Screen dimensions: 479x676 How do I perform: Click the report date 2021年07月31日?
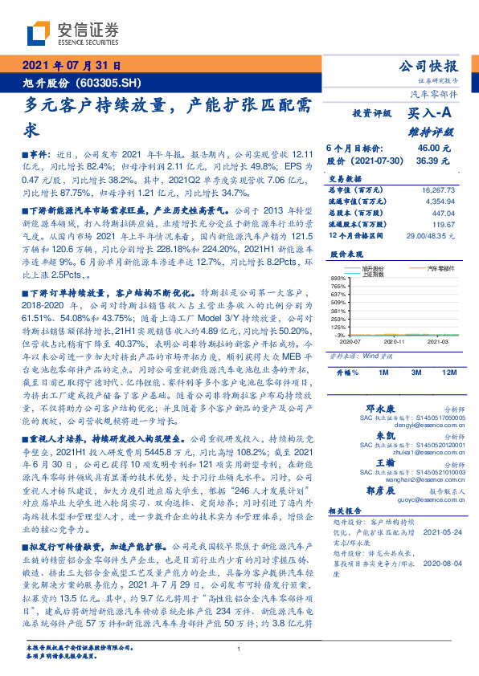(x=71, y=66)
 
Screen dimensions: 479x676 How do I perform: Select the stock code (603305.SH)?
(x=108, y=81)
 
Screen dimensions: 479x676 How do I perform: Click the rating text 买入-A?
(x=432, y=116)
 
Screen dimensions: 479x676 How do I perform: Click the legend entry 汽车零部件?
(x=439, y=267)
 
